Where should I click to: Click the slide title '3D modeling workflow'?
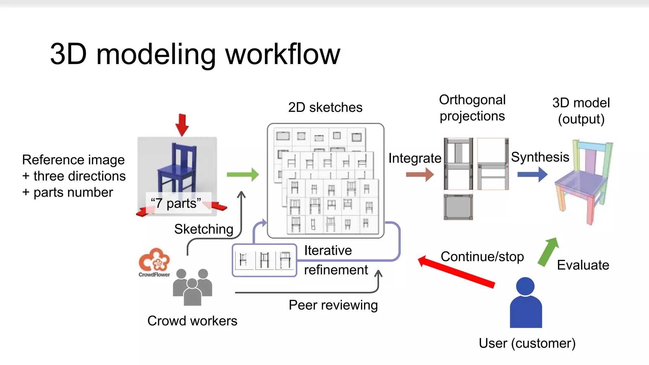point(195,54)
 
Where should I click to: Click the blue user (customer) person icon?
point(525,303)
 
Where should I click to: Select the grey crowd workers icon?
point(192,287)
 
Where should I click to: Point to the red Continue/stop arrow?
point(456,272)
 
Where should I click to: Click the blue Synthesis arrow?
point(532,174)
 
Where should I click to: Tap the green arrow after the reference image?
point(243,174)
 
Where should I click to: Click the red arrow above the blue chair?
point(182,125)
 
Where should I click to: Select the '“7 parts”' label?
point(176,203)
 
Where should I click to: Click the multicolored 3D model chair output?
point(583,182)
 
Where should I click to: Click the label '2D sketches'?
point(325,107)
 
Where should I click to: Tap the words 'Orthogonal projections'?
point(472,108)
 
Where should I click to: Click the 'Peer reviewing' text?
point(333,305)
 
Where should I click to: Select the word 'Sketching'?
point(204,229)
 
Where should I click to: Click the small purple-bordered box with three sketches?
point(264,260)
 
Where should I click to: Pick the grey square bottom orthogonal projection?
point(458,207)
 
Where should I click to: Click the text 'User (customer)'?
point(527,343)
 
